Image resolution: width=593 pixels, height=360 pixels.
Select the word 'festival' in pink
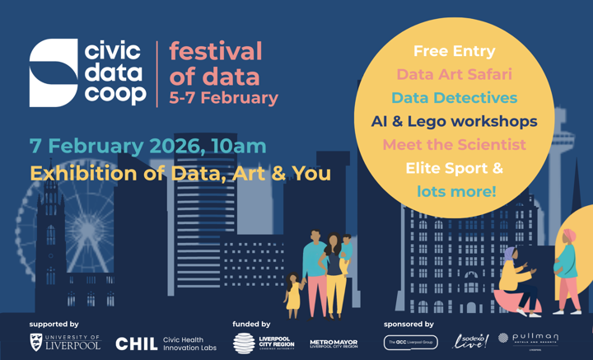pyautogui.click(x=215, y=52)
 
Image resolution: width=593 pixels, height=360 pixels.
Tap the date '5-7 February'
pyautogui.click(x=223, y=97)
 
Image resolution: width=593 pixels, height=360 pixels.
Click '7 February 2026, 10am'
pyautogui.click(x=148, y=146)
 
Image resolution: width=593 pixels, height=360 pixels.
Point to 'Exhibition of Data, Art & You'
pyautogui.click(x=180, y=174)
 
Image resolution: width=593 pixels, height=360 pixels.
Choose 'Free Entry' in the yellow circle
pyautogui.click(x=454, y=51)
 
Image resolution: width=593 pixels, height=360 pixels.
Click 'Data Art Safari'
pyautogui.click(x=454, y=74)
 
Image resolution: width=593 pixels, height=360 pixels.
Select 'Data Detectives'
pyautogui.click(x=454, y=98)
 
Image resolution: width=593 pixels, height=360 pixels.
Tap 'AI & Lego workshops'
pyautogui.click(x=454, y=122)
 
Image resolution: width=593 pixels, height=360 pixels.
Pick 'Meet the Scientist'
pyautogui.click(x=454, y=145)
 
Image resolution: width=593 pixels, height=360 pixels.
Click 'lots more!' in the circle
pyautogui.click(x=456, y=192)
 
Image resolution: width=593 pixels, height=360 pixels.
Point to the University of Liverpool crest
pyautogui.click(x=36, y=343)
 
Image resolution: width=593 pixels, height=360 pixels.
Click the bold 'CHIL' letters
pyautogui.click(x=136, y=344)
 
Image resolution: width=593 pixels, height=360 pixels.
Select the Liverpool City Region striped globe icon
pyautogui.click(x=244, y=343)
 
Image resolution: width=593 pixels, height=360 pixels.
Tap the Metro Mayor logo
pyautogui.click(x=334, y=344)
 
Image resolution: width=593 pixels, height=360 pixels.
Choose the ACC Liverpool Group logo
pyautogui.click(x=410, y=343)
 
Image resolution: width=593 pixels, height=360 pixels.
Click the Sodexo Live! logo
pyautogui.click(x=471, y=341)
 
